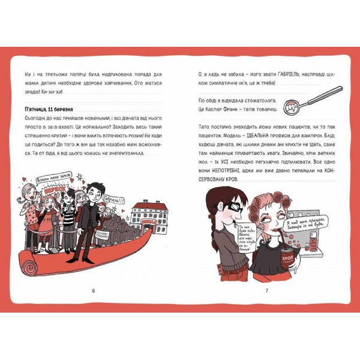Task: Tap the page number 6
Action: coord(94,290)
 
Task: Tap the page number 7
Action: coord(266,290)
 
